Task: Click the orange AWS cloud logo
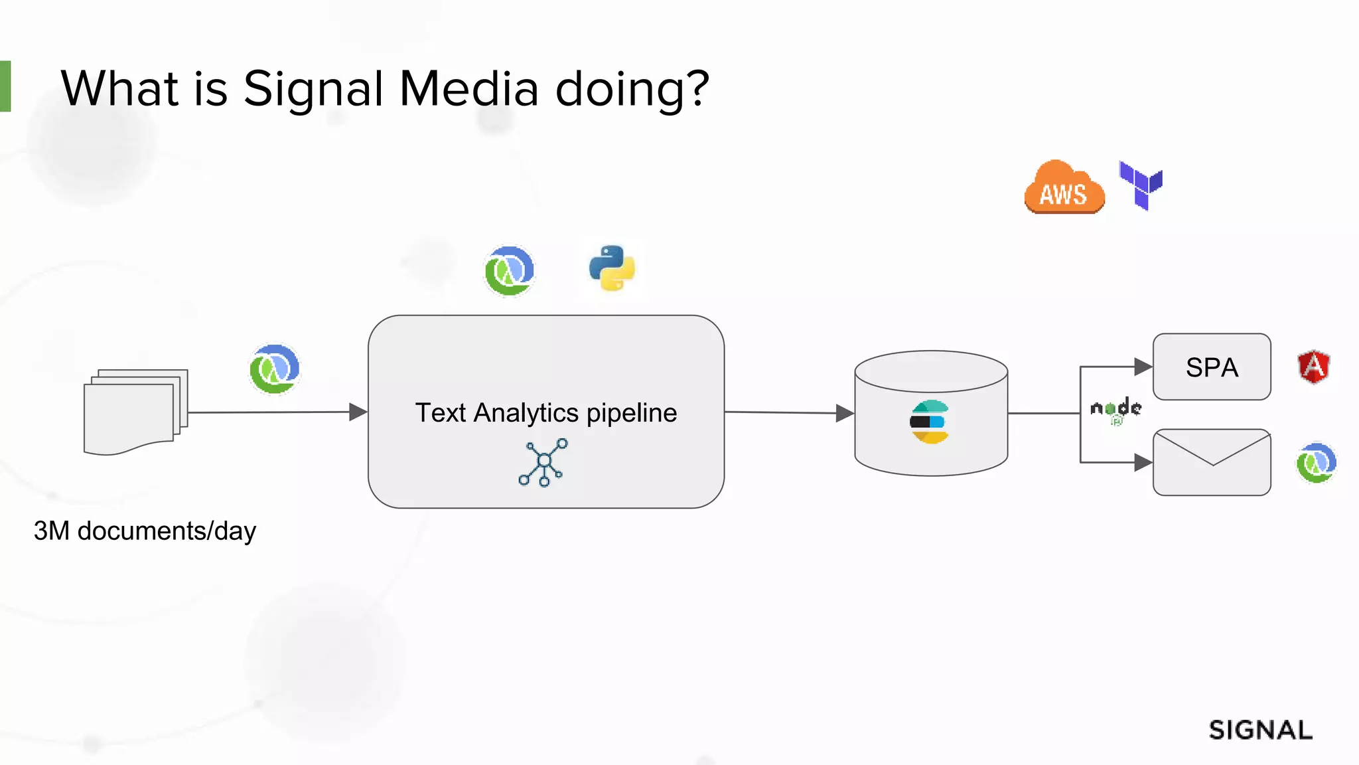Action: (1064, 188)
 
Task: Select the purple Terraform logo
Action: (1141, 185)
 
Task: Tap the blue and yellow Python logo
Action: (612, 268)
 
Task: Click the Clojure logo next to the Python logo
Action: (509, 270)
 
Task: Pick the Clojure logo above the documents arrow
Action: (275, 369)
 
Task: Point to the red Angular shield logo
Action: (1314, 367)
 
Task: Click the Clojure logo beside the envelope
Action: (1316, 463)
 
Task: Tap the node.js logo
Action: (1116, 409)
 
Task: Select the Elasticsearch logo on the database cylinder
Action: (930, 422)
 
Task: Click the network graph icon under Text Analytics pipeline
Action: (543, 462)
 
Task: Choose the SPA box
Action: (1212, 367)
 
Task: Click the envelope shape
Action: (1212, 462)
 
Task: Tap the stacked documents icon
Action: (135, 412)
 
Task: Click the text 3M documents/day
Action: (145, 531)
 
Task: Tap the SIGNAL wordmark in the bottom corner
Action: (1260, 730)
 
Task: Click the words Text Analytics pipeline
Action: (545, 413)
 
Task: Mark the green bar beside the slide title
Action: (5, 86)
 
